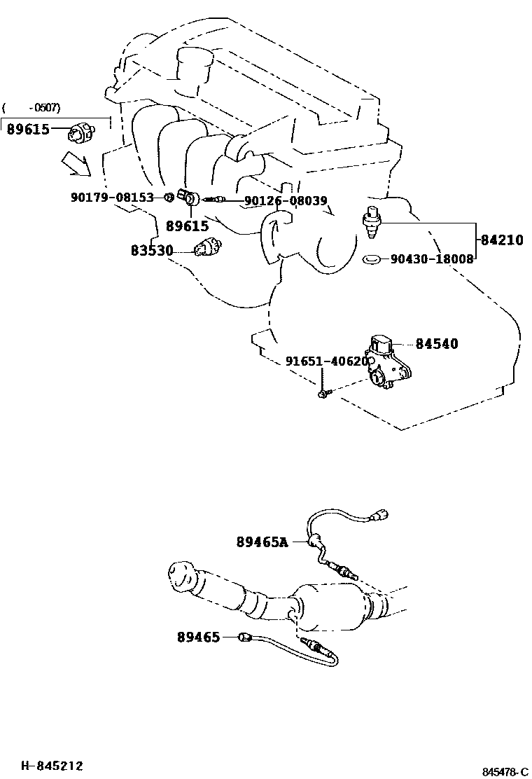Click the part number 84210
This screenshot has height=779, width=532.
[x=502, y=240]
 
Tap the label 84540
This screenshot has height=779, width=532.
[x=436, y=344]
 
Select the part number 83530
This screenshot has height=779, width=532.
[x=152, y=250]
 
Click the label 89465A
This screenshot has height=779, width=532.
[x=262, y=542]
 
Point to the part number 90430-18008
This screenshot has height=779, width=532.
[x=432, y=259]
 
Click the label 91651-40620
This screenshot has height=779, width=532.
[x=326, y=361]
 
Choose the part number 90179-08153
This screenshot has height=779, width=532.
[x=112, y=198]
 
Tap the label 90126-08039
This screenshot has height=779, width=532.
[x=285, y=201]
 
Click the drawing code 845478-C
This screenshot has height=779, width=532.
[x=504, y=771]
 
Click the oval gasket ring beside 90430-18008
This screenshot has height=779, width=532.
[x=372, y=260]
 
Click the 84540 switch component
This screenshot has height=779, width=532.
[x=388, y=361]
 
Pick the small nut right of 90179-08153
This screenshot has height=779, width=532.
[x=169, y=198]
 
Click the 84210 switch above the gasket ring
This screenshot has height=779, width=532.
[x=371, y=220]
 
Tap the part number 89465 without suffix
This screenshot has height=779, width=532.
[x=198, y=637]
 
